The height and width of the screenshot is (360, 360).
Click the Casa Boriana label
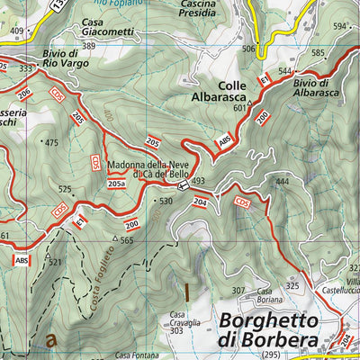tap(265, 295)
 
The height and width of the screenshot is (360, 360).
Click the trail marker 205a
tap(116, 184)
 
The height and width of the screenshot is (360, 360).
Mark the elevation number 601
tap(239, 108)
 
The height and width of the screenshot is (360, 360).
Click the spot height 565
tap(127, 240)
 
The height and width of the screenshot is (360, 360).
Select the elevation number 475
tap(50, 143)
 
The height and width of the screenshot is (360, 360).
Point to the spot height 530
tap(165, 201)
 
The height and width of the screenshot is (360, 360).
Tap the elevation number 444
tap(283, 182)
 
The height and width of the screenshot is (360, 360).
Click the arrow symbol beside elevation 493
tap(182, 186)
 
